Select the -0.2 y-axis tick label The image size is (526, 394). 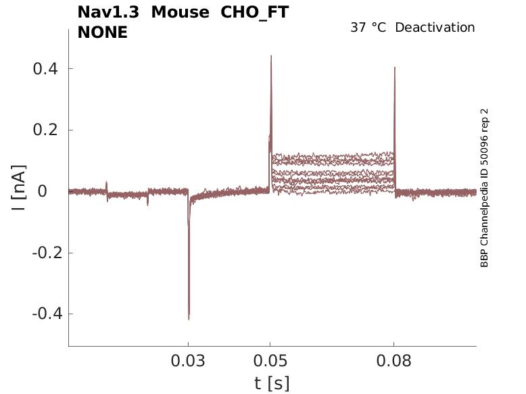[43, 253]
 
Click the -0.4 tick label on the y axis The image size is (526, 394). [43, 314]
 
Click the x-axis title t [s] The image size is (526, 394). [272, 383]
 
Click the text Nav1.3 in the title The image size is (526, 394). [108, 12]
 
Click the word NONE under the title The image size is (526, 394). [102, 32]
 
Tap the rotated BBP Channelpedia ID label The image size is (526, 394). [484, 189]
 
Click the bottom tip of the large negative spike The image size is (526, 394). [189, 319]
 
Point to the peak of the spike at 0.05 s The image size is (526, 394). [271, 56]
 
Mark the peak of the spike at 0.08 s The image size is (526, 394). [394, 68]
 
